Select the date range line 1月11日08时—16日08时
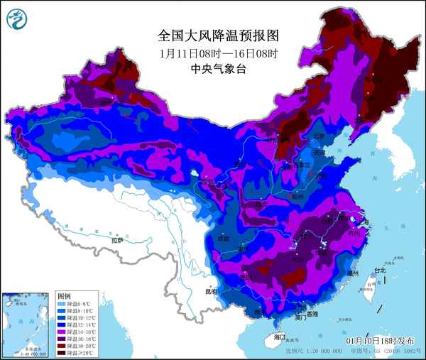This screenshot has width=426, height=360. [x=212, y=53]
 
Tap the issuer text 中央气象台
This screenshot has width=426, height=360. [x=212, y=69]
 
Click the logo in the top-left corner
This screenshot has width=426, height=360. [x=16, y=19]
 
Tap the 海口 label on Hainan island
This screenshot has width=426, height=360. [x=278, y=337]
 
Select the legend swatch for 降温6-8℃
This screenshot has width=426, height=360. [x=62, y=303]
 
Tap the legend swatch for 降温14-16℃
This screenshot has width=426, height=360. [x=62, y=331]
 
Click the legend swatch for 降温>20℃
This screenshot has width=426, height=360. [x=62, y=351]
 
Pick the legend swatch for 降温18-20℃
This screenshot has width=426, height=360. [x=62, y=345]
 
